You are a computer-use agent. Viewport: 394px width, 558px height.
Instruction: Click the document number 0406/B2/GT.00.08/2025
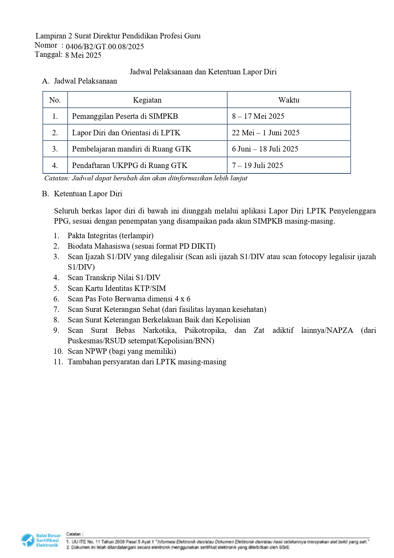(x=105, y=47)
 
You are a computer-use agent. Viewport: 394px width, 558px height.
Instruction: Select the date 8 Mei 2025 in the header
(x=83, y=55)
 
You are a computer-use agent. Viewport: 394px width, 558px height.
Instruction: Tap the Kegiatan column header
(x=147, y=100)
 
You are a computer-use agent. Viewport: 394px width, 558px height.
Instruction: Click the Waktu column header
(x=289, y=100)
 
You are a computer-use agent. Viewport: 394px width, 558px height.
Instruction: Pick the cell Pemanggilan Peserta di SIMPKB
(x=125, y=116)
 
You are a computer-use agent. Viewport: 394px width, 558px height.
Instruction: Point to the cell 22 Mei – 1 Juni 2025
(x=266, y=133)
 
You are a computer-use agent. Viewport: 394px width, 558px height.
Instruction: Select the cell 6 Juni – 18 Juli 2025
(x=265, y=149)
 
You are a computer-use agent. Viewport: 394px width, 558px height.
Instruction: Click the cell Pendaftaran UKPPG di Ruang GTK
(x=130, y=165)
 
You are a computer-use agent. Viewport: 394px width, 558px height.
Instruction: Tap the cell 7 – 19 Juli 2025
(x=257, y=165)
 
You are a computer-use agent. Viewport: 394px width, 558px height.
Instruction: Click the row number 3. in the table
(x=55, y=149)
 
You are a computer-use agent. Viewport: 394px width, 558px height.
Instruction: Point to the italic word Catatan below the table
(x=57, y=178)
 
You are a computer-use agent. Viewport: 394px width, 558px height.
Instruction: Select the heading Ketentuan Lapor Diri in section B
(x=88, y=194)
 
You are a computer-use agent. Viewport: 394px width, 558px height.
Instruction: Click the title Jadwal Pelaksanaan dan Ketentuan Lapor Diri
(x=203, y=72)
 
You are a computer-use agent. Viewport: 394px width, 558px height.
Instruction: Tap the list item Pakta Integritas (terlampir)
(x=110, y=236)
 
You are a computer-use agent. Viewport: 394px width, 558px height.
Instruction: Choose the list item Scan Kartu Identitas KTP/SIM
(x=117, y=288)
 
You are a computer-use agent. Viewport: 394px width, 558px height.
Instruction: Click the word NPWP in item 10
(x=96, y=351)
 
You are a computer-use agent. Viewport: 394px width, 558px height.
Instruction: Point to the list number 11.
(x=58, y=362)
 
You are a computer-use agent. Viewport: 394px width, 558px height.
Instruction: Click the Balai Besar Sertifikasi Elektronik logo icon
(x=28, y=541)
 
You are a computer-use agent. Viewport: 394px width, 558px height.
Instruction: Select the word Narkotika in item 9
(x=160, y=330)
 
